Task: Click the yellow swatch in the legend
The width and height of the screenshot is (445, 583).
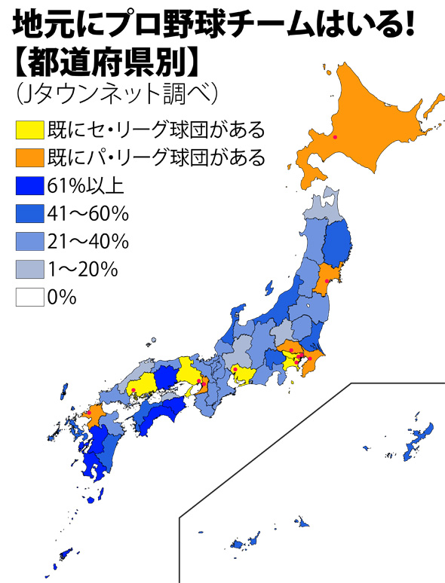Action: [x=29, y=130]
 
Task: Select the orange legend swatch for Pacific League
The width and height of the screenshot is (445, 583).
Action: [x=29, y=158]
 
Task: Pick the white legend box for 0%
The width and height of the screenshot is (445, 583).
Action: [x=29, y=298]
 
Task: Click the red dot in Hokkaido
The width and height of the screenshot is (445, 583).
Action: [x=336, y=137]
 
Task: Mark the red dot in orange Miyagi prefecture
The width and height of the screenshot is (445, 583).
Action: [x=326, y=282]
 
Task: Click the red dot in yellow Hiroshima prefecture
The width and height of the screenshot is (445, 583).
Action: [x=133, y=390]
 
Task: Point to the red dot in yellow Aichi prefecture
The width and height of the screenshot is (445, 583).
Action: [x=235, y=369]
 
